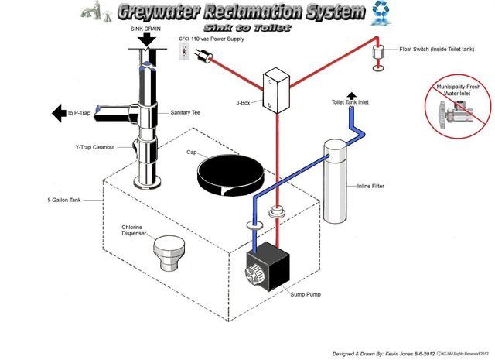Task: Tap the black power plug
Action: point(206,57)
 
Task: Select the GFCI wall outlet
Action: point(184,51)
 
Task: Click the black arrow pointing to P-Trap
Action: point(58,114)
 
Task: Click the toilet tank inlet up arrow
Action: point(353,94)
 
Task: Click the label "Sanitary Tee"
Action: point(186,114)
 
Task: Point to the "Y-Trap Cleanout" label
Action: point(94,148)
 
